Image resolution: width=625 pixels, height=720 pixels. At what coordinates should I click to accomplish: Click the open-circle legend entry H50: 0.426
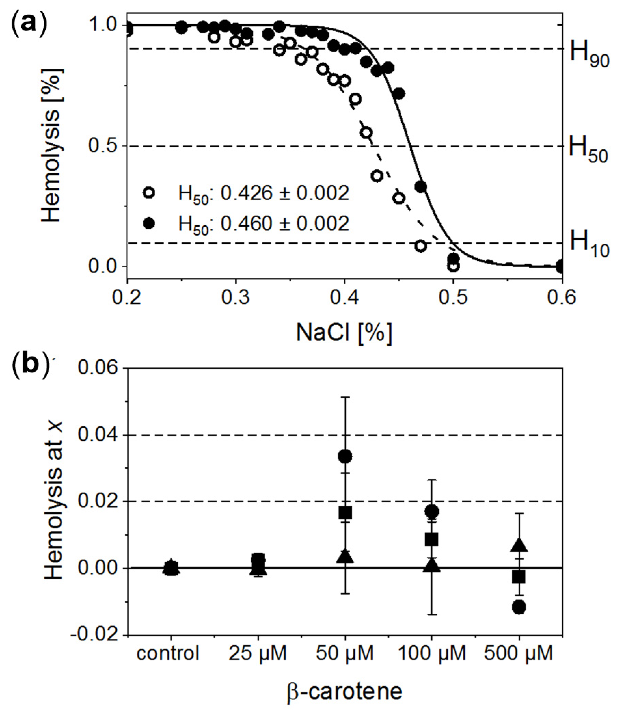click(246, 193)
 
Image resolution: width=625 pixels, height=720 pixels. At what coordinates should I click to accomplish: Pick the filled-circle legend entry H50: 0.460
click(246, 223)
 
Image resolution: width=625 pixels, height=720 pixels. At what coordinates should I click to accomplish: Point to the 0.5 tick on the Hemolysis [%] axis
click(102, 146)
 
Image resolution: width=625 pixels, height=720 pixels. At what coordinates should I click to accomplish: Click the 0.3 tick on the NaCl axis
click(236, 298)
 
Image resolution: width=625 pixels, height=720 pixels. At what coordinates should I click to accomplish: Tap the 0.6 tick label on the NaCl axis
click(561, 298)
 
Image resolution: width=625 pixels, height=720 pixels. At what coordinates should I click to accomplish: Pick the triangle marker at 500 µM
click(519, 546)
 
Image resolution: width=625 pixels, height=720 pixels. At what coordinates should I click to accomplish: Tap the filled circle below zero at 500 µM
click(519, 608)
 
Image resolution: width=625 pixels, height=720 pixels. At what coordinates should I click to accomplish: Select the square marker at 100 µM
click(432, 539)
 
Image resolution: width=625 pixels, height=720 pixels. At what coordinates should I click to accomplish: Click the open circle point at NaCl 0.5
click(453, 266)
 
